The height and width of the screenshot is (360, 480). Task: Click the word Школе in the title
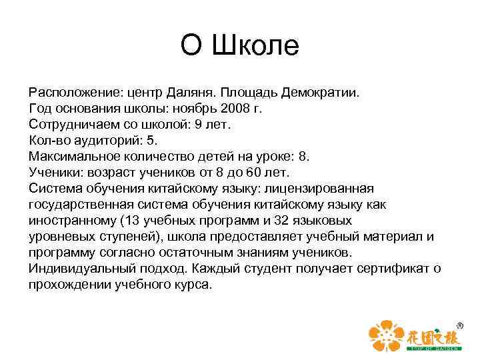pyautogui.click(x=256, y=47)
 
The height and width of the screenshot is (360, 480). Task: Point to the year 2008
pyautogui.click(x=237, y=109)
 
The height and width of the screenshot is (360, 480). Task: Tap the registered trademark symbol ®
pyautogui.click(x=459, y=324)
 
